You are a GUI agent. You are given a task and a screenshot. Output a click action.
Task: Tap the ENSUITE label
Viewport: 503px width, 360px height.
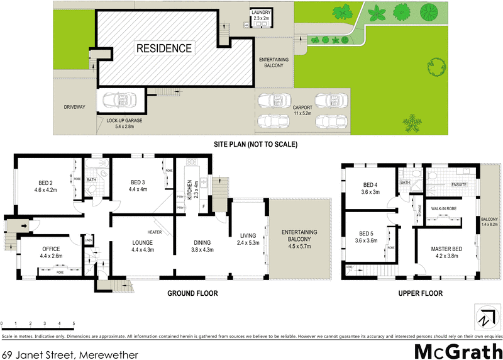click(458, 184)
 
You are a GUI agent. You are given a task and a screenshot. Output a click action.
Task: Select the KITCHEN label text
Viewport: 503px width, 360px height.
click(189, 189)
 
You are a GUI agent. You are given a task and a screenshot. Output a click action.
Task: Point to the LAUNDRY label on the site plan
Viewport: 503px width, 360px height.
click(260, 13)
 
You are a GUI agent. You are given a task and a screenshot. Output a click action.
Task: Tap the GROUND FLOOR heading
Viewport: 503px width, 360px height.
click(192, 293)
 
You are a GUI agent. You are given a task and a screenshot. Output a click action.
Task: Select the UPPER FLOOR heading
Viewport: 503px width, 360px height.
click(421, 293)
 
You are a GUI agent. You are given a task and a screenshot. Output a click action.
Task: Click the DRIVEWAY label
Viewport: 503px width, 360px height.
click(74, 107)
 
